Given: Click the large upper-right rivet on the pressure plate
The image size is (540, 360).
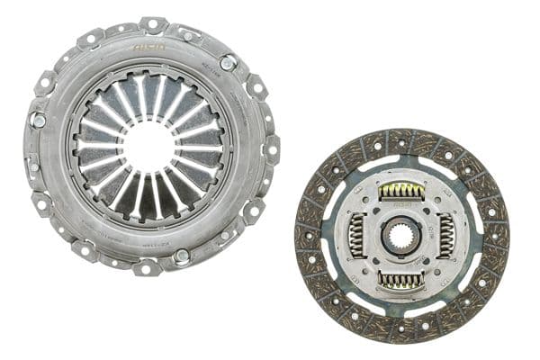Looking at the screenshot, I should (229, 62).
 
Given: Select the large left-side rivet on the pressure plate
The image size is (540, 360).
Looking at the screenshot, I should (39, 118).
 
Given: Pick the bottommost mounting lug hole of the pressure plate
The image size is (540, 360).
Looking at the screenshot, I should (144, 267).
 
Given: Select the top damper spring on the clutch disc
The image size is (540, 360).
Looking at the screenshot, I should (401, 191).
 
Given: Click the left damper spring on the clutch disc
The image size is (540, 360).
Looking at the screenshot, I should (356, 237).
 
